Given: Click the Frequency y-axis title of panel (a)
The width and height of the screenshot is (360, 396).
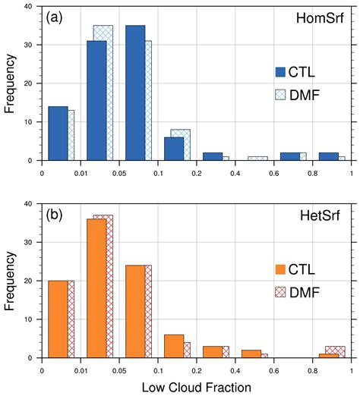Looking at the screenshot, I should pos(11,83).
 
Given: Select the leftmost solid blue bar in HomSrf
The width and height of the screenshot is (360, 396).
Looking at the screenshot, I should pos(58,133).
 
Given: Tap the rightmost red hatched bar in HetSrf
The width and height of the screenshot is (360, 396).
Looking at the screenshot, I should pos(335,351).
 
